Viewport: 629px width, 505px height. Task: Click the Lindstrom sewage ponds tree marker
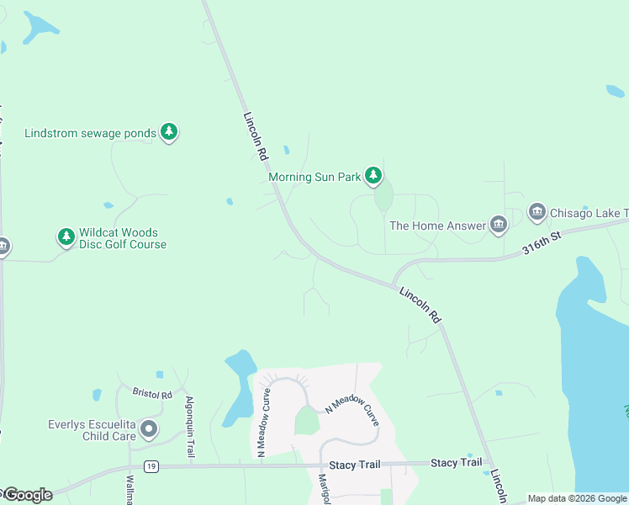[170, 132]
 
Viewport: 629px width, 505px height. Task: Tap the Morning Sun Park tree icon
[373, 176]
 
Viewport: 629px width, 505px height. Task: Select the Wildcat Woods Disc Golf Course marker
[66, 237]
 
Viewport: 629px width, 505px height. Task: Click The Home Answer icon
[499, 225]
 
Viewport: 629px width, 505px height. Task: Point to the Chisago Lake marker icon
[536, 212]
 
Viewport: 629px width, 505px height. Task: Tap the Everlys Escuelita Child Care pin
[149, 429]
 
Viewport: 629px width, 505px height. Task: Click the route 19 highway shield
[151, 465]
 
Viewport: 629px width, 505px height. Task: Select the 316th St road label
[541, 245]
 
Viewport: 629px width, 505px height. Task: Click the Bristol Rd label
[152, 392]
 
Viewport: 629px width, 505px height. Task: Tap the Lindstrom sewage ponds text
[90, 133]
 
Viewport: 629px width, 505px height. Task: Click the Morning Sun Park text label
[314, 177]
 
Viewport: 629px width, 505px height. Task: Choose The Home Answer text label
[437, 226]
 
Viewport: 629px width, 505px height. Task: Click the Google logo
[27, 495]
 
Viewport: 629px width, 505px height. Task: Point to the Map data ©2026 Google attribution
[576, 498]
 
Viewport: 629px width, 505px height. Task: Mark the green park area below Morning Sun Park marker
[383, 199]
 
